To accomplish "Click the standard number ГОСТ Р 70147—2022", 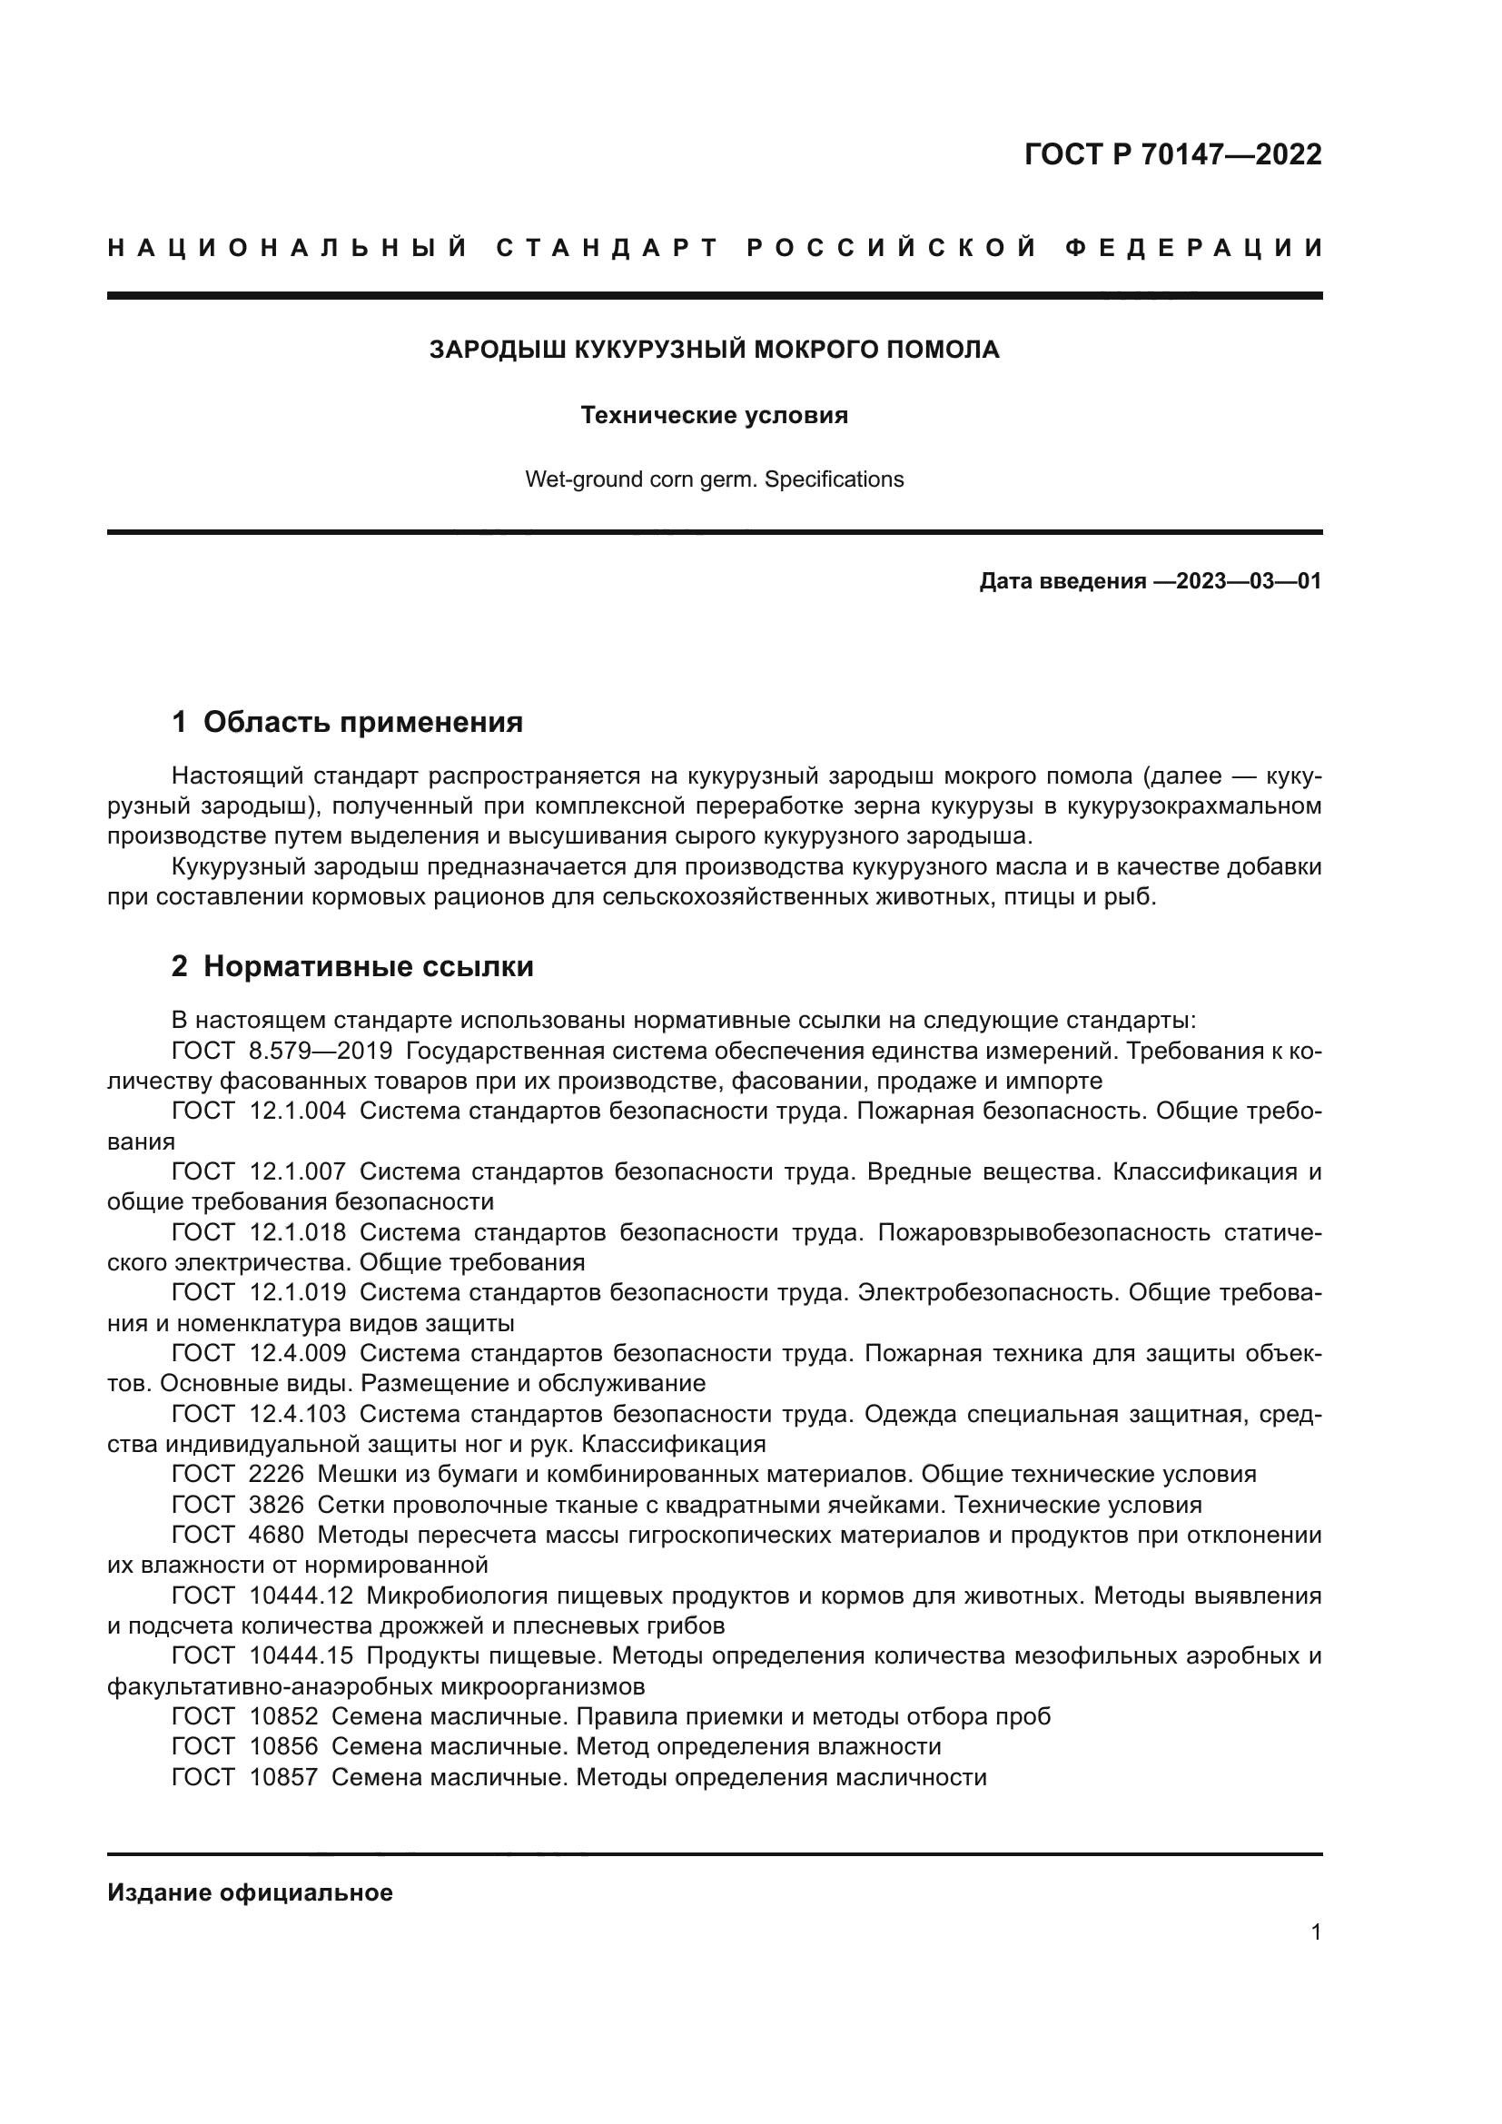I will [x=1172, y=154].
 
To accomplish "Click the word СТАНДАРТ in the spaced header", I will [x=608, y=248].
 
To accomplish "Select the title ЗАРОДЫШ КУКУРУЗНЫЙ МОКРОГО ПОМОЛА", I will [x=714, y=350].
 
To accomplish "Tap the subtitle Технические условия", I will [x=714, y=415].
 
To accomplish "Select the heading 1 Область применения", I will [x=348, y=722].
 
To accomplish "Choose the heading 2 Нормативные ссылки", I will [x=352, y=966].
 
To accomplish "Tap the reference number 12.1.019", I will [x=298, y=1292].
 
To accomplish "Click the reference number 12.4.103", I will [x=298, y=1414].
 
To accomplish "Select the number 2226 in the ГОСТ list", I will [x=277, y=1474].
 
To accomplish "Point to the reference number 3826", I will [x=277, y=1504].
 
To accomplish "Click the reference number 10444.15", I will [x=301, y=1655].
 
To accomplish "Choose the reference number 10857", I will [x=284, y=1776].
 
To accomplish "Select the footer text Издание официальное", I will [x=250, y=1892].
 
